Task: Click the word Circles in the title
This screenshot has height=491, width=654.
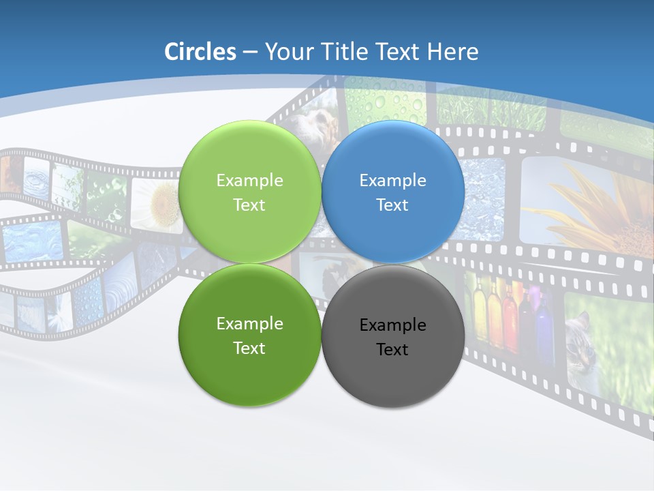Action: pos(200,52)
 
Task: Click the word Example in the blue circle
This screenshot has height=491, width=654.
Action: pos(392,181)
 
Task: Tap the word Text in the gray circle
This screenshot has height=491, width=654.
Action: pos(392,350)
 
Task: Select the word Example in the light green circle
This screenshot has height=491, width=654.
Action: pos(249,181)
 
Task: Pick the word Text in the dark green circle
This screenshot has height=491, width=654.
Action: pos(249,348)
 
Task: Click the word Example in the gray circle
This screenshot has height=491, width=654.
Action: pos(392,325)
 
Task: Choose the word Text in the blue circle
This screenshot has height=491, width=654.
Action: pos(392,205)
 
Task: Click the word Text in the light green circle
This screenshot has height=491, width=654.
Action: pos(249,205)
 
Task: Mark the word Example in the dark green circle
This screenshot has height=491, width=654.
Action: pos(249,324)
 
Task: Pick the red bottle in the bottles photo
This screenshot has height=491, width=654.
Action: pos(509,317)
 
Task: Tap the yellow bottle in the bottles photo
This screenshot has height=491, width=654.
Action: pos(480,310)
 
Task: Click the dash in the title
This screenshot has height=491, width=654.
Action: pos(250,53)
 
